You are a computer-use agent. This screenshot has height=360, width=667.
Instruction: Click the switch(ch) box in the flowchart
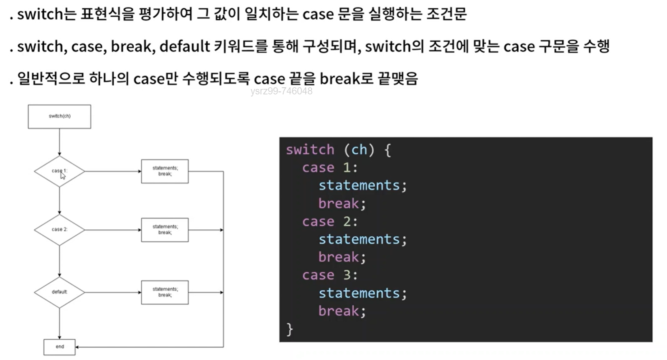tap(59, 117)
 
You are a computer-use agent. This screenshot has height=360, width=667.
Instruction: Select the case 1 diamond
tap(59, 171)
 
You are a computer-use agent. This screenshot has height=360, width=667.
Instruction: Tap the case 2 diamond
tap(59, 230)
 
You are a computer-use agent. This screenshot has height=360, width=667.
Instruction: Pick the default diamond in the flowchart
tap(59, 292)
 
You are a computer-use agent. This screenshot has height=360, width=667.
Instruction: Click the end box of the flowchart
tap(59, 347)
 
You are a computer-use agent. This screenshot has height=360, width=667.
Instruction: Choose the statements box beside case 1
tap(165, 171)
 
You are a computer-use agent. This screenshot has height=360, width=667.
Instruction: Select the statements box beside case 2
tap(165, 230)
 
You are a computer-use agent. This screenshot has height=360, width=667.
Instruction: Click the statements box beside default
tap(165, 292)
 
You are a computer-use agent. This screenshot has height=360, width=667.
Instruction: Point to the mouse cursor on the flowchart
tap(63, 175)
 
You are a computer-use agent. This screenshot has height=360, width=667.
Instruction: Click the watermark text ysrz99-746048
tap(281, 91)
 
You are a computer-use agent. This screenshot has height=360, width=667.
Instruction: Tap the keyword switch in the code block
tap(310, 150)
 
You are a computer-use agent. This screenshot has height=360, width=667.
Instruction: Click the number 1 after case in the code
tap(347, 167)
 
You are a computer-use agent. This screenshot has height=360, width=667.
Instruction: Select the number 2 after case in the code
tap(347, 221)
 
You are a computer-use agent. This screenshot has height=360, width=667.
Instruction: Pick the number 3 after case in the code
tap(347, 275)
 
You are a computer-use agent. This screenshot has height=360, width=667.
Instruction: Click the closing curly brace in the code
tap(290, 330)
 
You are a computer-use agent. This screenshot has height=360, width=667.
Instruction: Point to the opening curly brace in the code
tap(387, 150)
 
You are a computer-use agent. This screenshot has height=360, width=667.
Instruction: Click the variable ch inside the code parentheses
tap(359, 150)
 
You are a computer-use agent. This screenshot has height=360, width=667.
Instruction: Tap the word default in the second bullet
tap(185, 46)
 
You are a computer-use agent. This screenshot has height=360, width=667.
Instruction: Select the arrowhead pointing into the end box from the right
tap(77, 347)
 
